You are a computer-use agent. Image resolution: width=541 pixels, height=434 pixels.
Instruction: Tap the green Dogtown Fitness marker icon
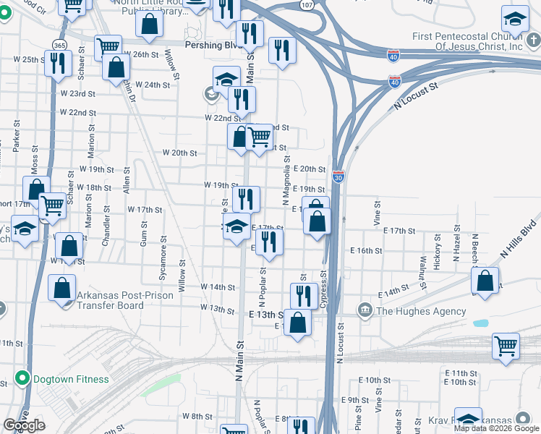pyautogui.click(x=23, y=379)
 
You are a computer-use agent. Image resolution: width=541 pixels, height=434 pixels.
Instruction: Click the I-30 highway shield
pyautogui.click(x=338, y=176)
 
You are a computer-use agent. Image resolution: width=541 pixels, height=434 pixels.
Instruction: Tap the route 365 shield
pyautogui.click(x=57, y=45)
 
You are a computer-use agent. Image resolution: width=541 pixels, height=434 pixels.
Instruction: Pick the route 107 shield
pyautogui.click(x=307, y=4)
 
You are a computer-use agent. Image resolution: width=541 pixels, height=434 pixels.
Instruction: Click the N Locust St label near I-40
pyautogui.click(x=417, y=96)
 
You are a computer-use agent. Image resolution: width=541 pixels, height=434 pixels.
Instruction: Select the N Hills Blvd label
pyautogui.click(x=520, y=239)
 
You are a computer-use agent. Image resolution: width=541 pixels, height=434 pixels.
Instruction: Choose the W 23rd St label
pyautogui.click(x=78, y=94)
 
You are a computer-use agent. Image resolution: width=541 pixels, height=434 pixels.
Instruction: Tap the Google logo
pyautogui.click(x=25, y=425)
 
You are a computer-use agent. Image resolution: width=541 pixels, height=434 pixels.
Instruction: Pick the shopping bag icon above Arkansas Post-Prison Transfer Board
pyautogui.click(x=62, y=287)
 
